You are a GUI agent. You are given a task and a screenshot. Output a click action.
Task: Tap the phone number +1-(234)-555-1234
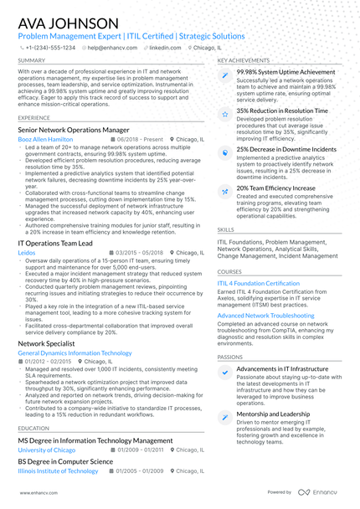coord(49,48)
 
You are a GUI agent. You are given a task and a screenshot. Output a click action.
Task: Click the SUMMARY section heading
coord(32,61)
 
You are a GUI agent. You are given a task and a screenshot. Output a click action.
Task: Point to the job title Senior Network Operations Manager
coord(74,131)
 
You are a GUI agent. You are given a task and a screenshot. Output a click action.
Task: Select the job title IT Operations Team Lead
coord(58,243)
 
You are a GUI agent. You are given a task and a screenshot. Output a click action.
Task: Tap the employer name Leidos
coord(27,252)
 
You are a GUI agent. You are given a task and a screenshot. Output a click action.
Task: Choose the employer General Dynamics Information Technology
coord(75,353)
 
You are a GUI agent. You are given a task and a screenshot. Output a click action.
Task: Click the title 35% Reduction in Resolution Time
coord(282,111)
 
